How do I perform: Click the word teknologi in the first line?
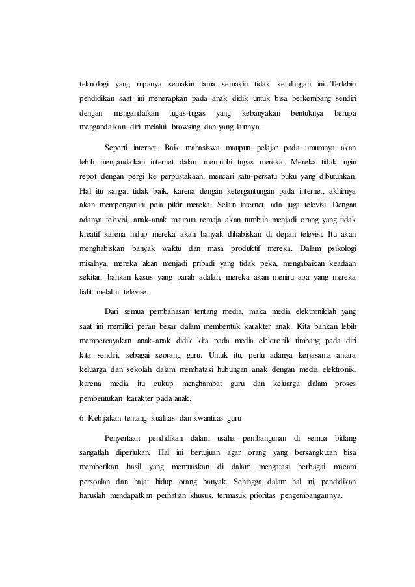click(x=92, y=86)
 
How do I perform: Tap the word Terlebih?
click(x=347, y=86)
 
